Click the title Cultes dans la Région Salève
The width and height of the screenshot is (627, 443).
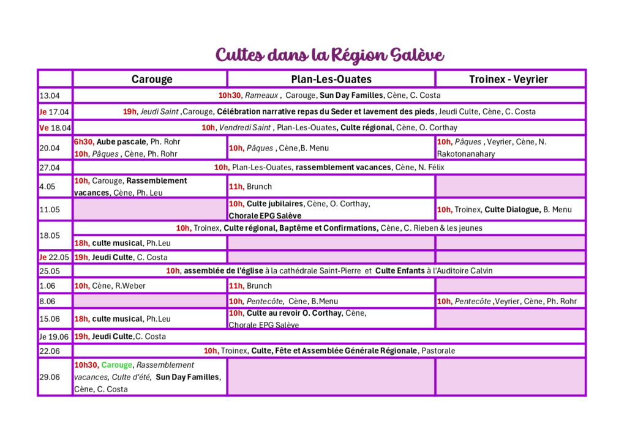click(329, 55)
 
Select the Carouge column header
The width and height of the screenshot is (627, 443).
click(152, 79)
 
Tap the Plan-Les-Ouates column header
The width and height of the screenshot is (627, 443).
click(331, 79)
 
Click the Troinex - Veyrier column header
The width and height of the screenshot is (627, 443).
click(508, 79)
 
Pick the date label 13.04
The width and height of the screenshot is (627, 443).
click(50, 96)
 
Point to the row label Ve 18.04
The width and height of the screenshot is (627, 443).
click(55, 128)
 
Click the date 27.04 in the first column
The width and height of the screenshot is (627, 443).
click(50, 168)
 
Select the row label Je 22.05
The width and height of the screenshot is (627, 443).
click(54, 258)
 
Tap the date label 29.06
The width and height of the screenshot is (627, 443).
click(50, 377)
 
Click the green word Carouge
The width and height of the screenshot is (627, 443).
click(117, 365)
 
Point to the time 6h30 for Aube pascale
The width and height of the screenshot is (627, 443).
click(84, 142)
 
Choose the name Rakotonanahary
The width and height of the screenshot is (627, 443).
click(466, 154)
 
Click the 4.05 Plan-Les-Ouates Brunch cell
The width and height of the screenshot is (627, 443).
click(331, 187)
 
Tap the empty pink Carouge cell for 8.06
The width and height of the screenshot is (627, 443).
click(150, 301)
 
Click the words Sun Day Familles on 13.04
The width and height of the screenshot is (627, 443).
click(351, 95)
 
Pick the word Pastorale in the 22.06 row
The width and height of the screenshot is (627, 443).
click(438, 351)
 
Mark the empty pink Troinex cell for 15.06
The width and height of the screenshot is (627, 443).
click(510, 319)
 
